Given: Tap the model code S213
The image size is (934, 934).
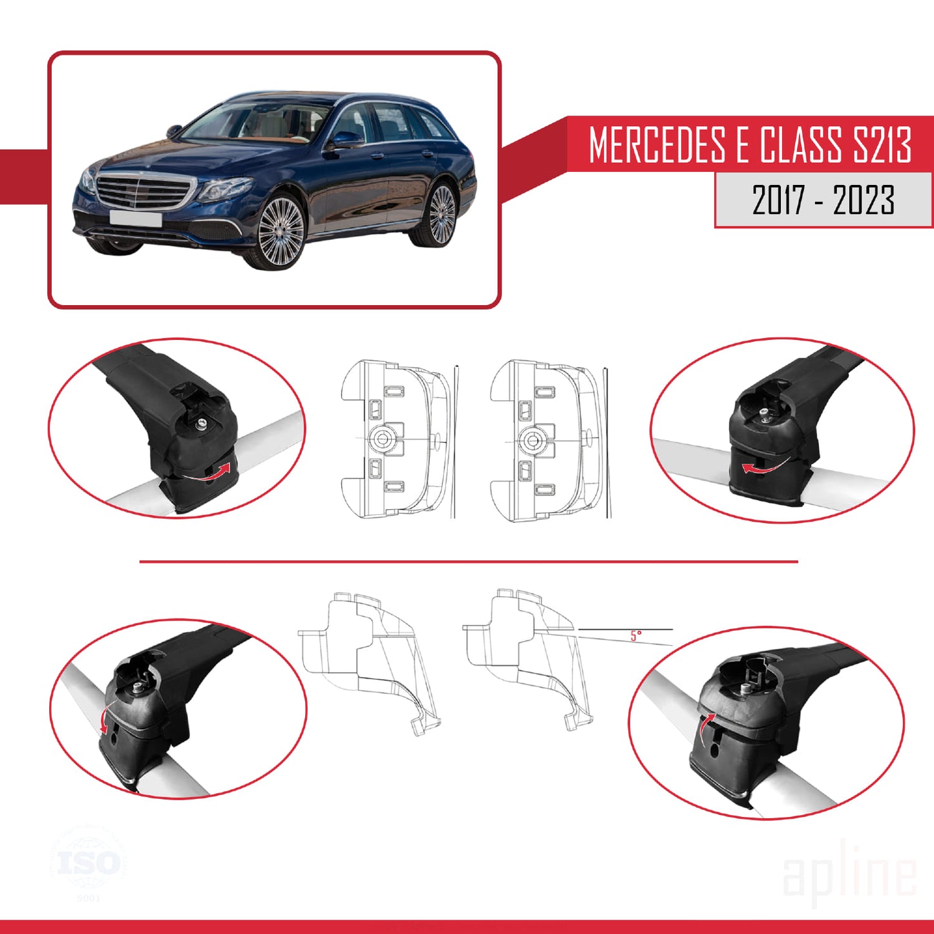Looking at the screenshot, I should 882,145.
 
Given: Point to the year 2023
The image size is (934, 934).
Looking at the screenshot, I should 864,200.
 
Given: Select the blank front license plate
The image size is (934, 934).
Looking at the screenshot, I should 135,218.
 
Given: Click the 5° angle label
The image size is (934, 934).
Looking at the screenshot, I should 636,636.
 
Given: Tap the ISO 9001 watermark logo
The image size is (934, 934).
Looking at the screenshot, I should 89,864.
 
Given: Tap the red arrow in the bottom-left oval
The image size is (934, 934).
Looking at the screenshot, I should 103,717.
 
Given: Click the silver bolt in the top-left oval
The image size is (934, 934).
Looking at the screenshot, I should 202,423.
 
